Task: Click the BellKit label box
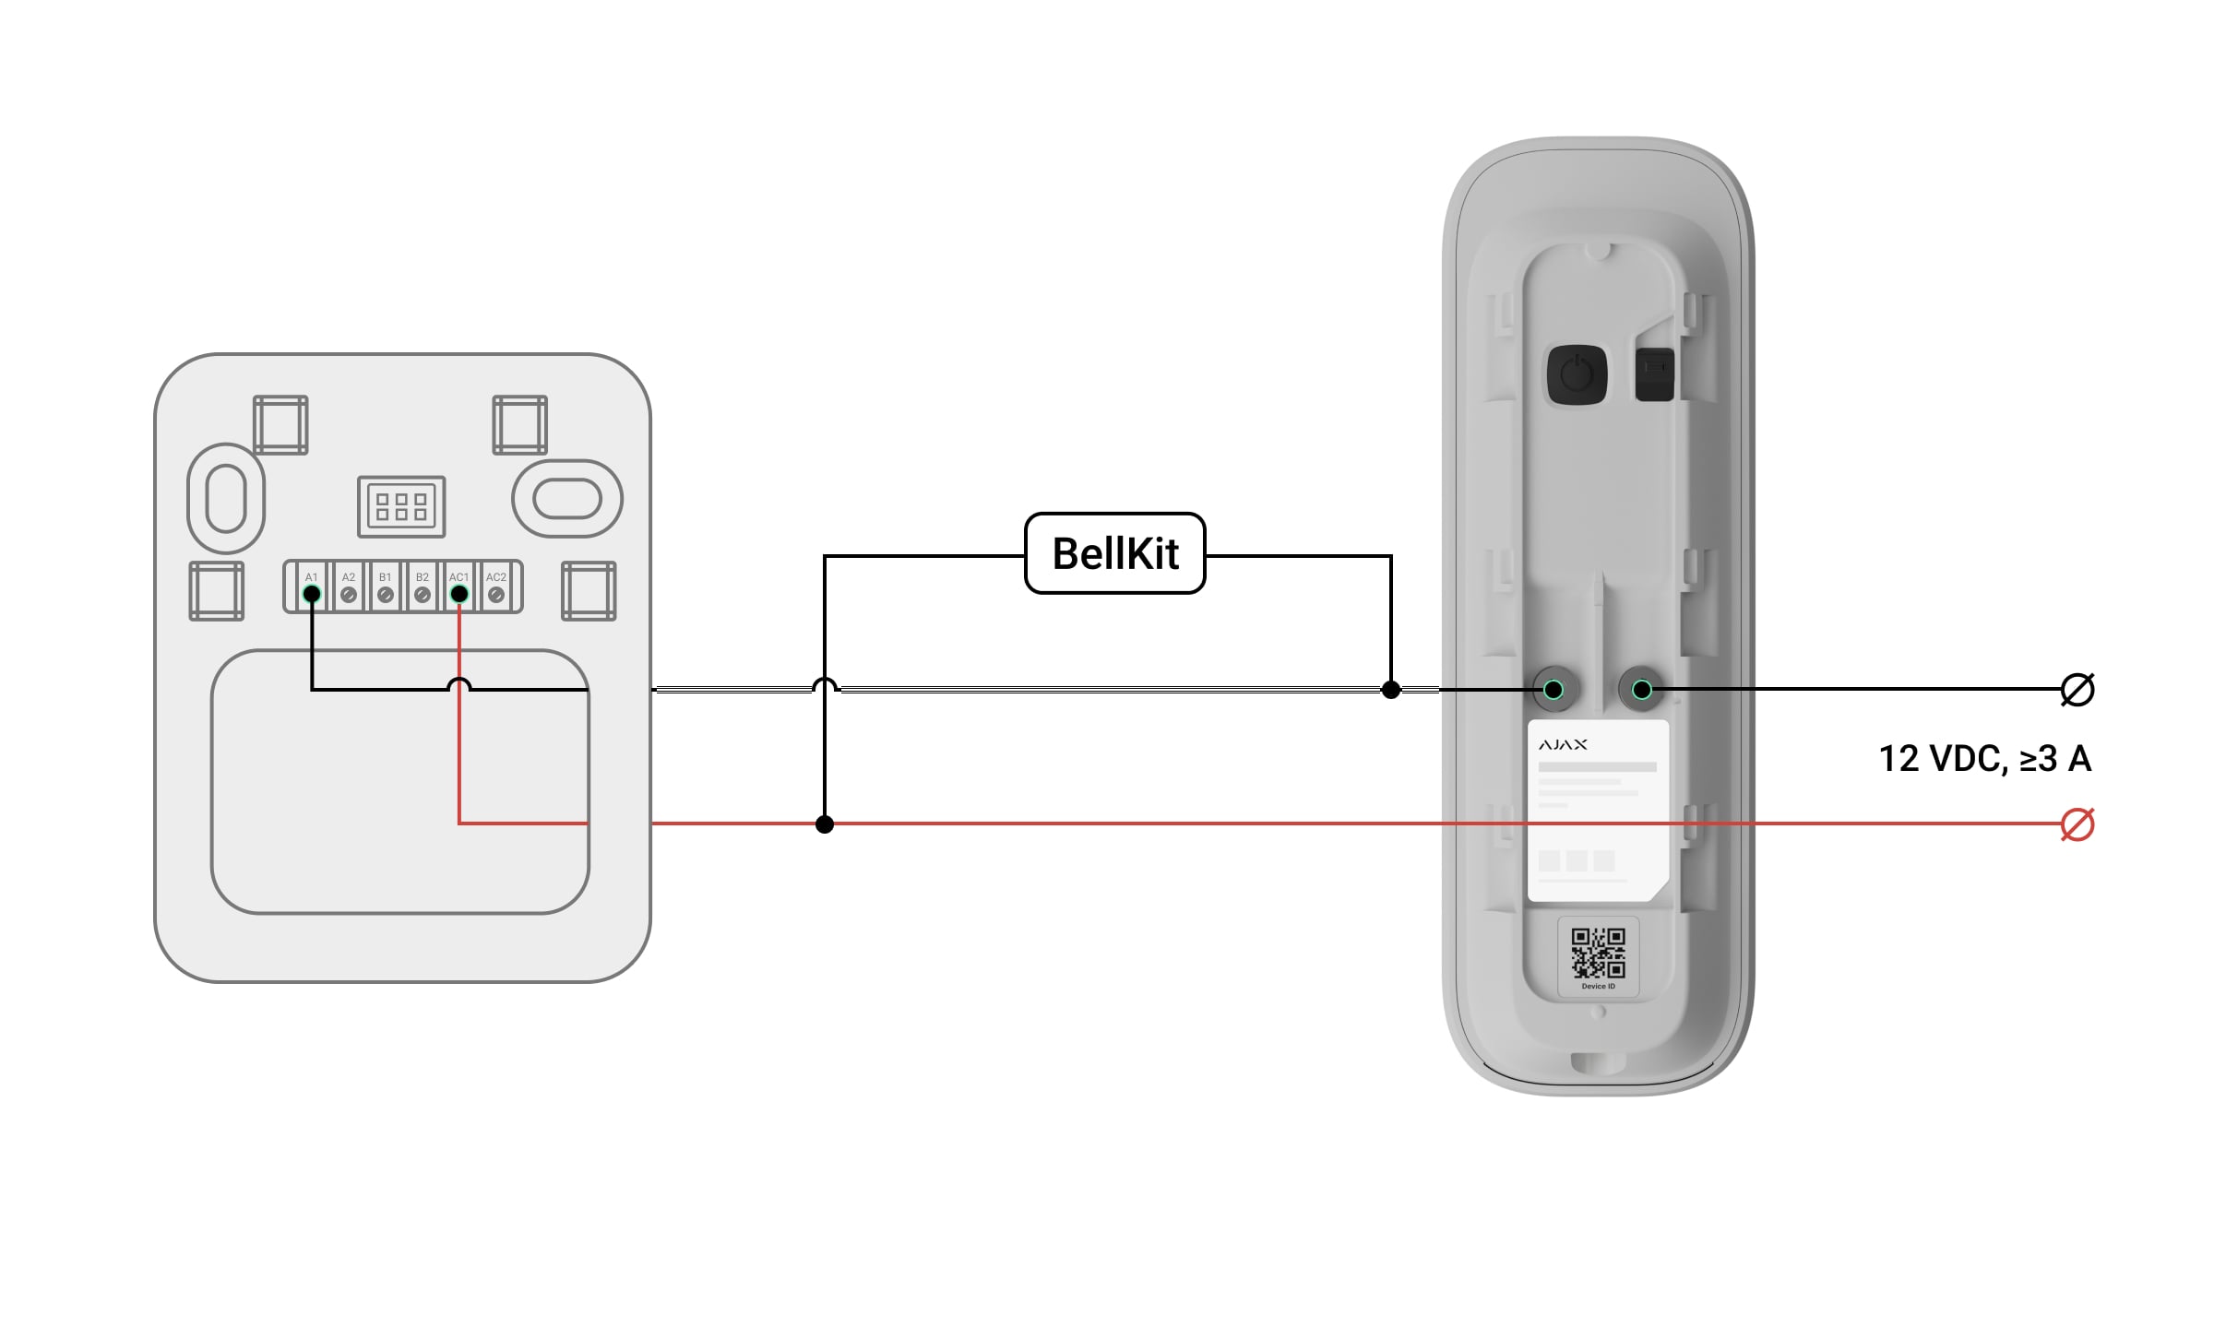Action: pyautogui.click(x=1114, y=553)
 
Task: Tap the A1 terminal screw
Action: pyautogui.click(x=312, y=595)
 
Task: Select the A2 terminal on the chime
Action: pyautogui.click(x=349, y=595)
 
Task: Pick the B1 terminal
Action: pyautogui.click(x=386, y=595)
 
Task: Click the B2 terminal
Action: pyautogui.click(x=423, y=595)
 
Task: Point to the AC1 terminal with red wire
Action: pyautogui.click(x=459, y=595)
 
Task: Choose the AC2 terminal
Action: pyautogui.click(x=496, y=595)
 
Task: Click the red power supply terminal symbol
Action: pyautogui.click(x=2077, y=824)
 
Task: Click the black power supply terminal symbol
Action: pyautogui.click(x=2077, y=690)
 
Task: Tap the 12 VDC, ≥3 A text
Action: pyautogui.click(x=1984, y=759)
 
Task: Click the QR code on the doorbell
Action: pyautogui.click(x=1599, y=953)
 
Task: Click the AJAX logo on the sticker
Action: pyautogui.click(x=1563, y=744)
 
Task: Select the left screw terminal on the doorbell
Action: pyautogui.click(x=1553, y=690)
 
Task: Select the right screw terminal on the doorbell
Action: pyautogui.click(x=1642, y=690)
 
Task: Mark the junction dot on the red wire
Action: pyautogui.click(x=825, y=824)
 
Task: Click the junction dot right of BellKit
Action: pyautogui.click(x=1391, y=690)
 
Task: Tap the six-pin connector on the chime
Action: pyautogui.click(x=401, y=506)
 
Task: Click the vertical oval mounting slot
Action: pyautogui.click(x=226, y=499)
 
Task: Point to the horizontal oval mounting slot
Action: pyautogui.click(x=567, y=499)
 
